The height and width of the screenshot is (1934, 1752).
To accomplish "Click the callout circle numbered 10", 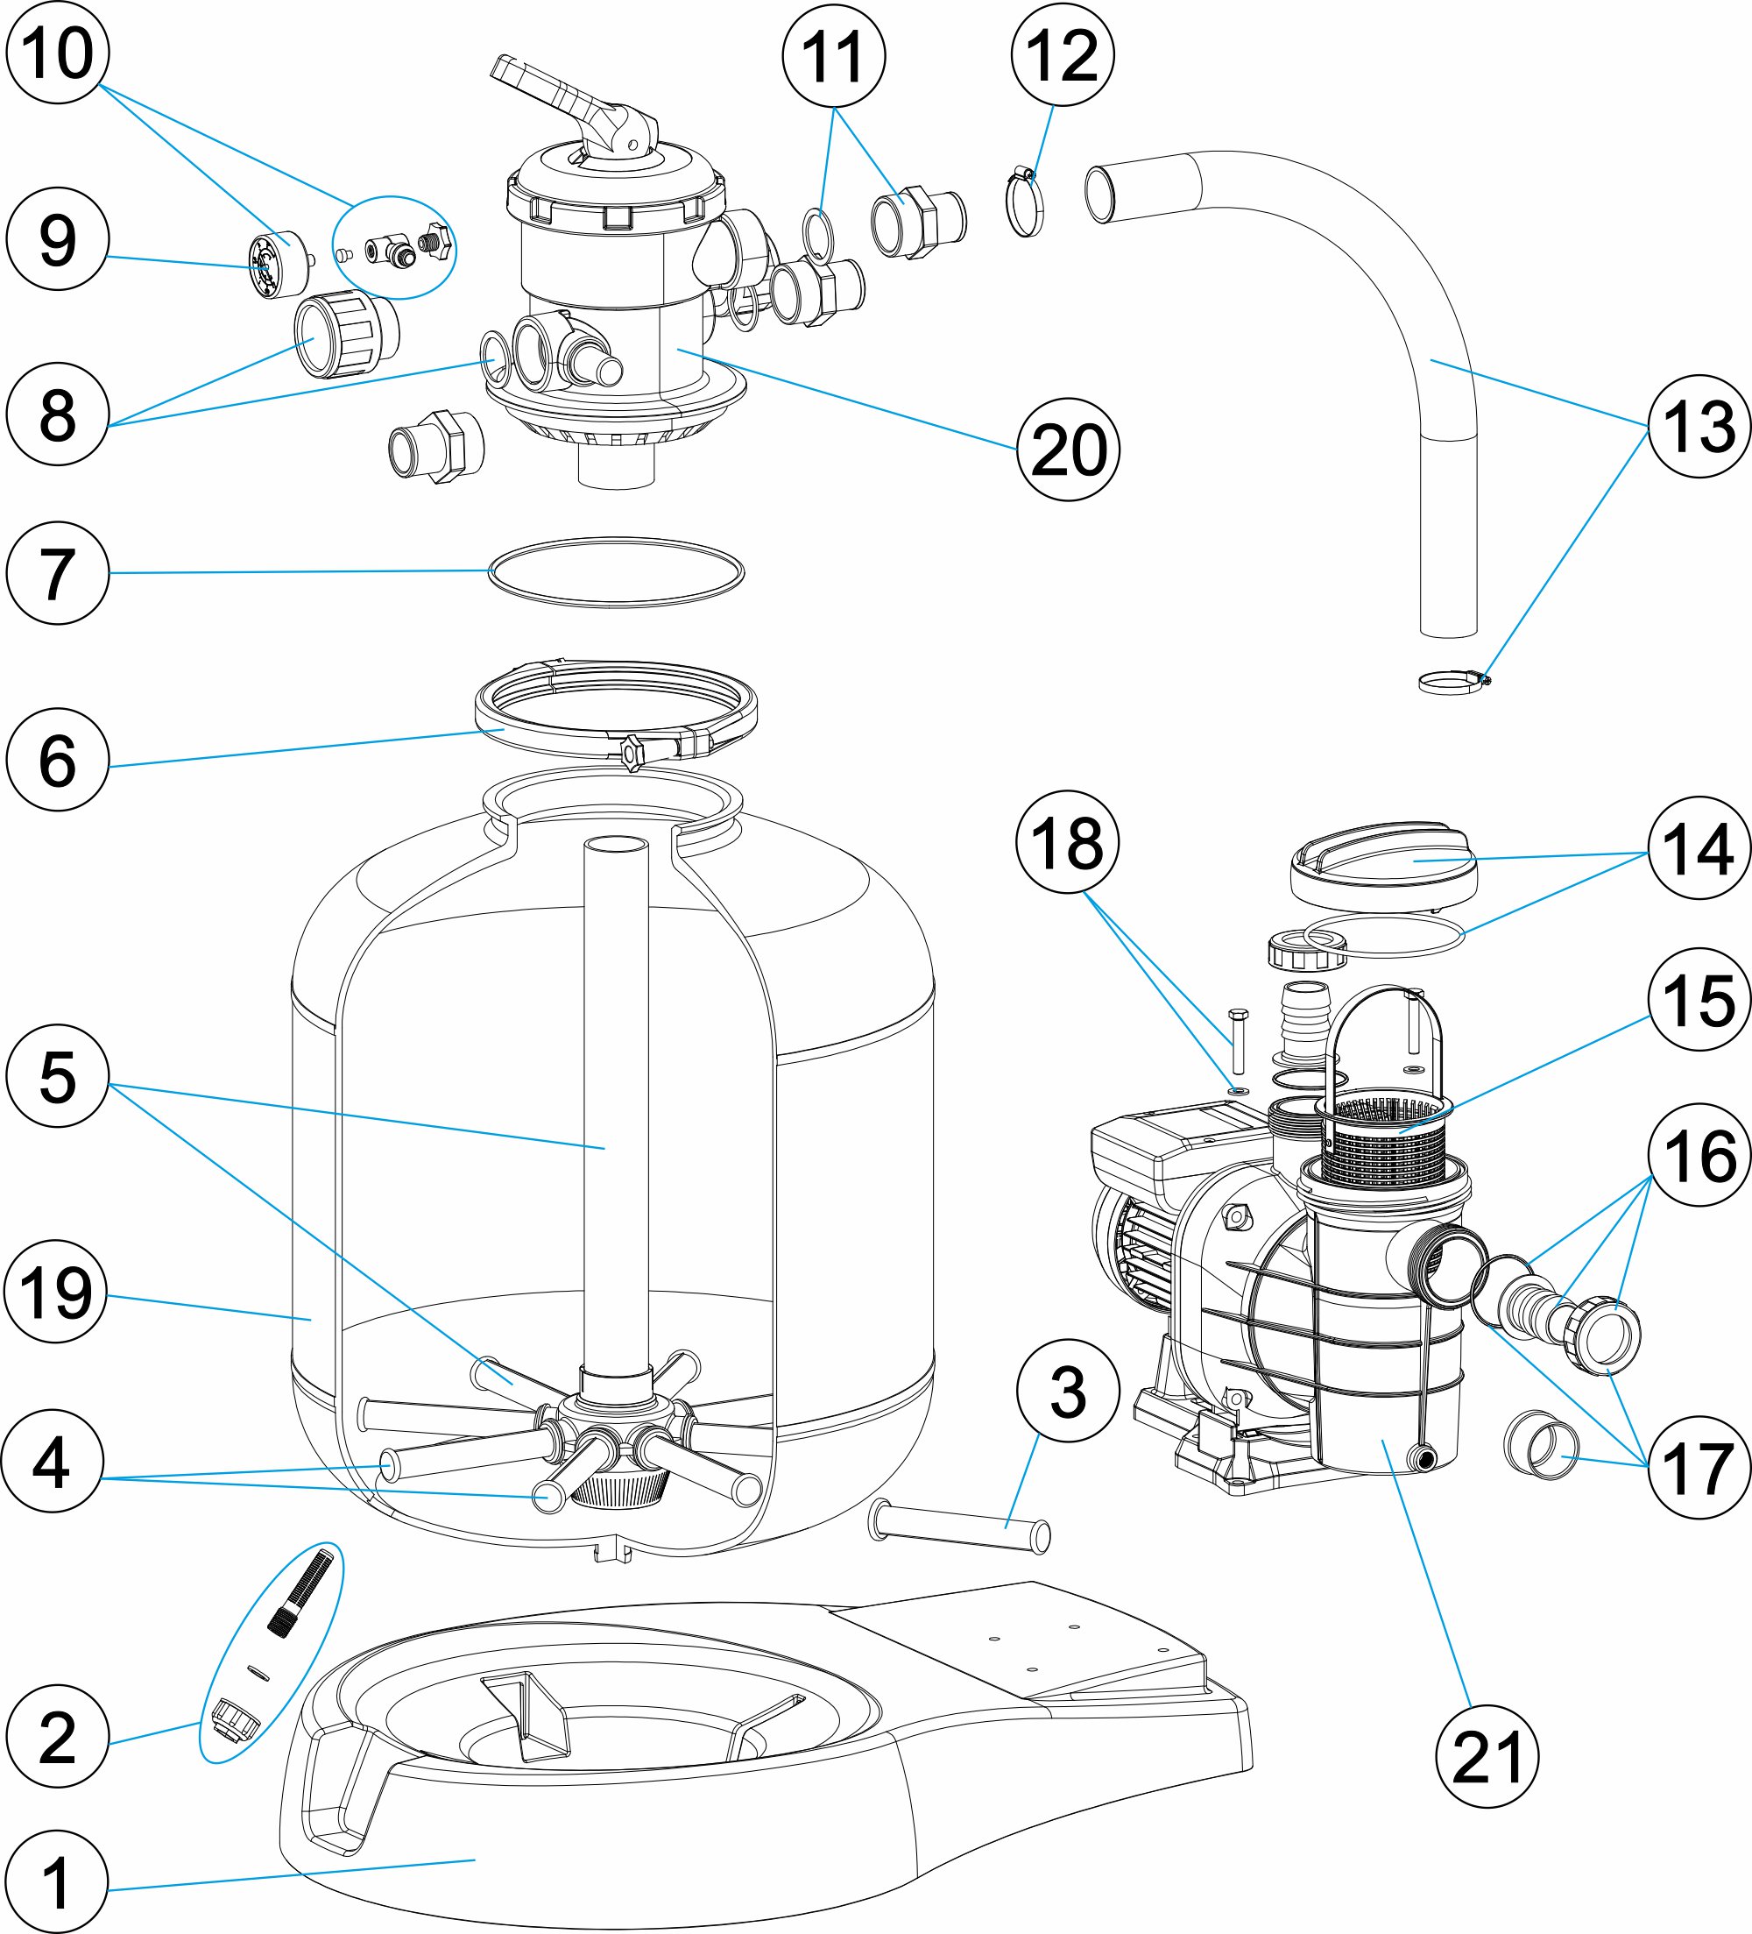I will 58,52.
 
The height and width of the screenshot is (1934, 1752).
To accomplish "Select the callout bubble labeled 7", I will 58,573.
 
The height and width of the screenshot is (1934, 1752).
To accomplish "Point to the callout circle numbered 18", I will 1067,841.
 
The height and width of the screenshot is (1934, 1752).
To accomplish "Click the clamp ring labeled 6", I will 616,710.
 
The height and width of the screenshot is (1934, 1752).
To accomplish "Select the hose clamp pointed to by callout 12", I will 1024,202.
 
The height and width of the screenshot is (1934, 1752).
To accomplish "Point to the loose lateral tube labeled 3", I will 959,1527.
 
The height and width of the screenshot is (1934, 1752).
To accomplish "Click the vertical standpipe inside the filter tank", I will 616,1103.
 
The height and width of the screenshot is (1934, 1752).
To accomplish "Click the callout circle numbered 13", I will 1699,426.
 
